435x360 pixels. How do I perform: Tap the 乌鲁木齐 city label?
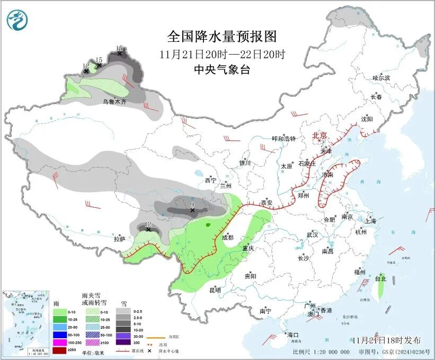114,101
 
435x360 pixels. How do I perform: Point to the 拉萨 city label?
119,239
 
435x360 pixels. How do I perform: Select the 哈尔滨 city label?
380,78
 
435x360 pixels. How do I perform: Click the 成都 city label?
227,238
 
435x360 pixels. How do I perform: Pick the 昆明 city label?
215,290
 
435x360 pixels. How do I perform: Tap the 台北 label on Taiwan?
380,278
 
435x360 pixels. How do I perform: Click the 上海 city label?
370,220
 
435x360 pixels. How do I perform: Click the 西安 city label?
267,203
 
